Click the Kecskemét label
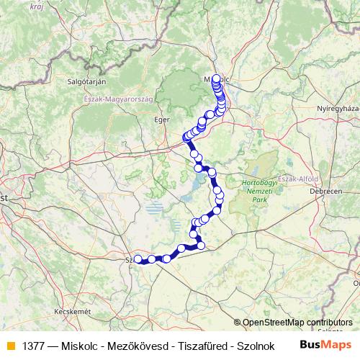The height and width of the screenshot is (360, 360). tap(72, 311)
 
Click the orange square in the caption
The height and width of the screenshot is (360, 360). tap(10, 346)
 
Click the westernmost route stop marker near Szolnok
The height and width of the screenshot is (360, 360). tap(138, 258)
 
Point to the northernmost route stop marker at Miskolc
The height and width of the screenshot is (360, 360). tap(216, 78)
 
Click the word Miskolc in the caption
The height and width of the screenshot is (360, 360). tap(81, 346)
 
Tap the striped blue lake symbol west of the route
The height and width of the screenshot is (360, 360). tap(156, 210)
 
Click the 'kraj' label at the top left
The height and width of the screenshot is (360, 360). tap(37, 6)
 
